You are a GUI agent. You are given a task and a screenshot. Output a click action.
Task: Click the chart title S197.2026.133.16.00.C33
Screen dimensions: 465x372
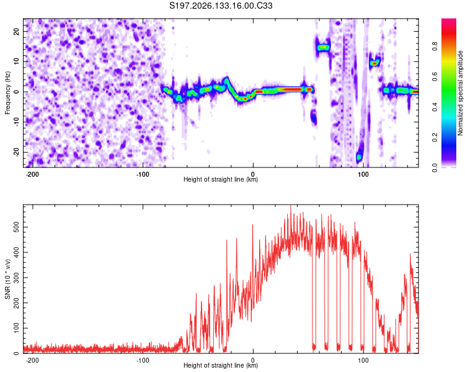(221, 6)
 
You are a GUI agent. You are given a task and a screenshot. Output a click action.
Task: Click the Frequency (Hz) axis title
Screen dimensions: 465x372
(7, 93)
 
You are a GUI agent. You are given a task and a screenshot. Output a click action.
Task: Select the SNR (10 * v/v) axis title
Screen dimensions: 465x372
(7, 279)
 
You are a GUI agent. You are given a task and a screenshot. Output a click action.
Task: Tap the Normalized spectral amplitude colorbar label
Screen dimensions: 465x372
(460, 93)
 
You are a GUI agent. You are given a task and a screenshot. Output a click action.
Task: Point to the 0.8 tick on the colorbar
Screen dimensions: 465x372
(435, 46)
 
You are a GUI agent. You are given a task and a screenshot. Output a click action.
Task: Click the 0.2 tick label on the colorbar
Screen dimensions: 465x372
(435, 138)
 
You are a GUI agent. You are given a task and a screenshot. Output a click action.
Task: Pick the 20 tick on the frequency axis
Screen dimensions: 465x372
(16, 32)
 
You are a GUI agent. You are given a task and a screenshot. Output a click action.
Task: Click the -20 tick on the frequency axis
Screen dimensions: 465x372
(16, 152)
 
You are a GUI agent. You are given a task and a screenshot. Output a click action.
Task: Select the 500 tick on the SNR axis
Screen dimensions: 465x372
(16, 228)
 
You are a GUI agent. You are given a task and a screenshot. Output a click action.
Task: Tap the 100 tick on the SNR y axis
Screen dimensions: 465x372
(16, 328)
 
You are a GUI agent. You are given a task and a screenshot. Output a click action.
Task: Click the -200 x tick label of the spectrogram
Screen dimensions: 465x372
(32, 174)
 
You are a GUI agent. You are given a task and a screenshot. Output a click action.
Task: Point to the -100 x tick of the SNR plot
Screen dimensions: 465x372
(143, 360)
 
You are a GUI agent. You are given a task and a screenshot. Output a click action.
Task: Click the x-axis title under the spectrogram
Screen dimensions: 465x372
(221, 179)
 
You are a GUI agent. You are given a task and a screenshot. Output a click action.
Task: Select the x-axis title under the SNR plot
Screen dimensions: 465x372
(221, 365)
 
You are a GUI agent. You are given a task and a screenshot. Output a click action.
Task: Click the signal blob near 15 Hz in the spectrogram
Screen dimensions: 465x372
(322, 47)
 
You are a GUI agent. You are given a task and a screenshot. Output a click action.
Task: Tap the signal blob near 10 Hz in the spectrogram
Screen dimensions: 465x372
(374, 63)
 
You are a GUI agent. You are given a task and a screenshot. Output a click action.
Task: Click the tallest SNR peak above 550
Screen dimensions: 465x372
(291, 207)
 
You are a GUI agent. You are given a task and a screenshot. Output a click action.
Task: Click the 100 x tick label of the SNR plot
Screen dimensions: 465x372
(363, 360)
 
